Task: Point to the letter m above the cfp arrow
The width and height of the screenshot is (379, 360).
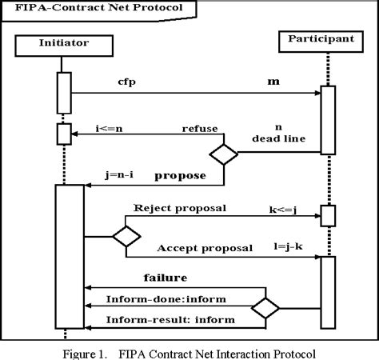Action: (x=272, y=83)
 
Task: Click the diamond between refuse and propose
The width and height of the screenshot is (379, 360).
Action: (x=224, y=152)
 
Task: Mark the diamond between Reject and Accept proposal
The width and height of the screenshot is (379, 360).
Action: (x=126, y=236)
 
